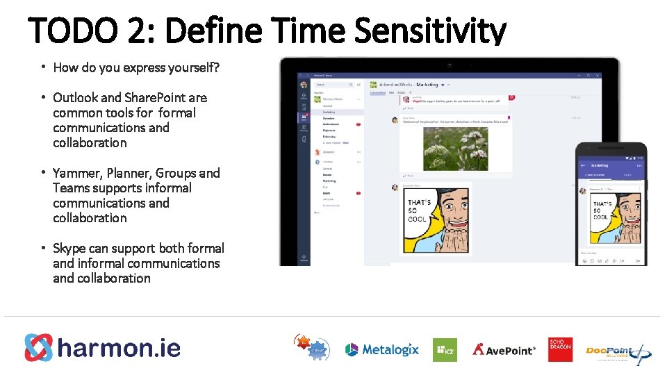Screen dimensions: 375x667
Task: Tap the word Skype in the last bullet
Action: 69,248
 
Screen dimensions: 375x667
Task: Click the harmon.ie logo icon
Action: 38,348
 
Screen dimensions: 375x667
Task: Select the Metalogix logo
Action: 382,349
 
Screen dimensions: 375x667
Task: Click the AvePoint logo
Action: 504,349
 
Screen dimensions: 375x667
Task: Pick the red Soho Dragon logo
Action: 560,349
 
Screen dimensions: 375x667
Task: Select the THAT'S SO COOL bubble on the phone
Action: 602,210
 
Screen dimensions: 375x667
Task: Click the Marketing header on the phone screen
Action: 599,165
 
